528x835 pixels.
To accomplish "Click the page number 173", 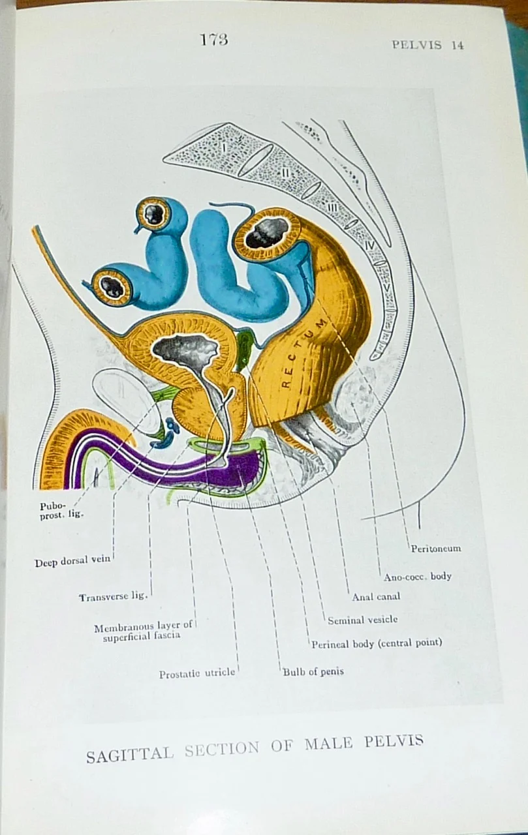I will click(x=214, y=39).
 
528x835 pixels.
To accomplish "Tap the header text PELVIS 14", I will click(x=427, y=45).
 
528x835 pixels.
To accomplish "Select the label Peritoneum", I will click(x=435, y=549).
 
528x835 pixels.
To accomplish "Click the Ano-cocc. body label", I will click(x=417, y=576).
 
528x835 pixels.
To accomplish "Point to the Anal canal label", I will click(x=376, y=596).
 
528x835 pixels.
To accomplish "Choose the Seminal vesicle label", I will click(x=362, y=620).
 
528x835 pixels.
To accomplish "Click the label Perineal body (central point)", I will click(x=377, y=643).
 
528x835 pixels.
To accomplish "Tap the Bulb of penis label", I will click(x=313, y=671).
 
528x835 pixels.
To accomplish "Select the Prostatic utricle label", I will click(x=197, y=674).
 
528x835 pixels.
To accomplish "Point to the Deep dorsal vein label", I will click(x=73, y=562).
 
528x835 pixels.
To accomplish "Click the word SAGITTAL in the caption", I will click(x=130, y=754).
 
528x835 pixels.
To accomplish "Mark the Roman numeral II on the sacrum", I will click(x=285, y=173).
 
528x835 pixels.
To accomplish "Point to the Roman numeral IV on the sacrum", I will click(x=369, y=246).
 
